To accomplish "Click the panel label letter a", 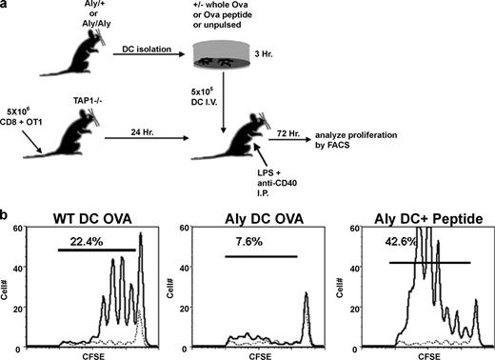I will [7, 7].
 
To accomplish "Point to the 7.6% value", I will [243, 241].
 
